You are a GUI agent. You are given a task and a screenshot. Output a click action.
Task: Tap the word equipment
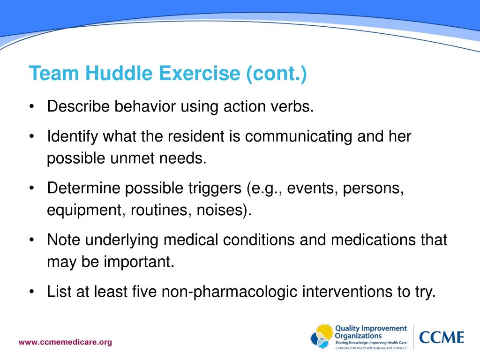(83, 210)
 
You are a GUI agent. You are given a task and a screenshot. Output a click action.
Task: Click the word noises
(221, 210)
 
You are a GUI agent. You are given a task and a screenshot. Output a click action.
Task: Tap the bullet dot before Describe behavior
(31, 107)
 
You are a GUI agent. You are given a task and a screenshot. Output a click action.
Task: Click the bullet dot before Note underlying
(31, 240)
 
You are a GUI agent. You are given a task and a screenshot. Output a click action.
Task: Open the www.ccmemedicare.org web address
(65, 342)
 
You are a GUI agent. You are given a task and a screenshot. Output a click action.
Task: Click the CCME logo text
(441, 337)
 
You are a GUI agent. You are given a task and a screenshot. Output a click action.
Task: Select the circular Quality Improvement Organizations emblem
(322, 337)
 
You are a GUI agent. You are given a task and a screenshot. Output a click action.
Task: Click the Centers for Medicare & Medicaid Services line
(371, 349)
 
